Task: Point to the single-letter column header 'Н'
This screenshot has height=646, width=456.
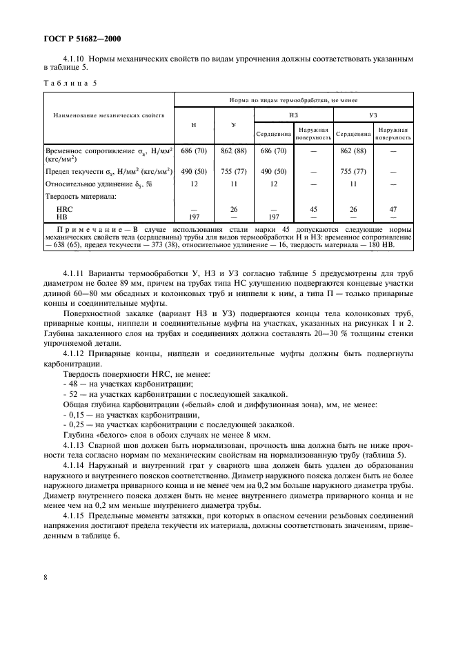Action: click(x=194, y=124)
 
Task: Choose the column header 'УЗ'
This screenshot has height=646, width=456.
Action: click(x=373, y=115)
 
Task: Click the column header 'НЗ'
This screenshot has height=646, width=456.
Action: click(x=293, y=115)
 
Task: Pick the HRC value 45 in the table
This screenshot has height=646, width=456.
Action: click(x=314, y=208)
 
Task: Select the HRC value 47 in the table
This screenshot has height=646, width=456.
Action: click(x=393, y=208)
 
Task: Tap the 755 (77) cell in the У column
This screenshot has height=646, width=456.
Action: click(x=234, y=171)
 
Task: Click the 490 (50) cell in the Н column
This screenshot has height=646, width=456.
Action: click(x=194, y=171)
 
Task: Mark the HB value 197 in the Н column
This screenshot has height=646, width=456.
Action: click(x=194, y=216)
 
